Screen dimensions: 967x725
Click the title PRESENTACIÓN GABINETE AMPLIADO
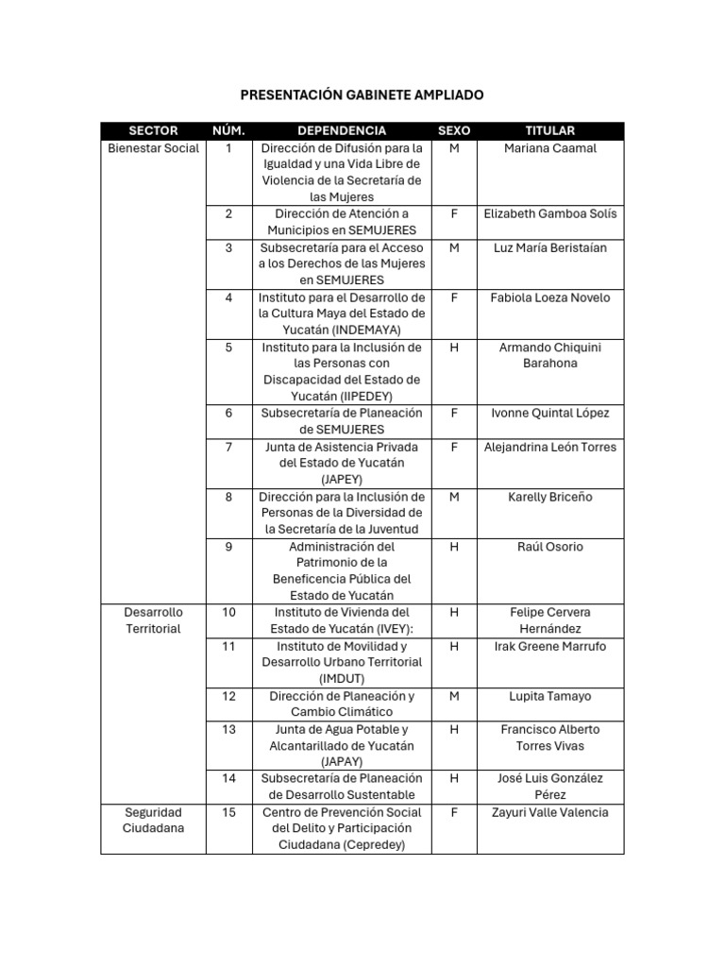(362, 95)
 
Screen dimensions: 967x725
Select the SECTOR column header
(153, 130)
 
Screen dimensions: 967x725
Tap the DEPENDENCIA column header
(342, 130)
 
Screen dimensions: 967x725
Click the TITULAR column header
(550, 130)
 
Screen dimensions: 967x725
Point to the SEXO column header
(454, 130)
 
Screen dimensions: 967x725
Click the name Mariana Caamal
(550, 148)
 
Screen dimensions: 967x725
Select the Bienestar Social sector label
(153, 148)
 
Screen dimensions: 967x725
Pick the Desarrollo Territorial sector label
(153, 620)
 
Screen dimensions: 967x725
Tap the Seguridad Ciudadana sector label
(153, 820)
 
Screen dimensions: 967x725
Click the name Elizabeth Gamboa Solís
(550, 214)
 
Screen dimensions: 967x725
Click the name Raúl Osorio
(550, 547)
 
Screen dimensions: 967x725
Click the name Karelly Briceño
(550, 497)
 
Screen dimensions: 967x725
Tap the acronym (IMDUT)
(342, 679)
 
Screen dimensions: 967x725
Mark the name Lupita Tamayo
(550, 696)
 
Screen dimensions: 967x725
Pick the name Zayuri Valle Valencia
(550, 812)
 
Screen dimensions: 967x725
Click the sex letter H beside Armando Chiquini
(454, 348)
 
